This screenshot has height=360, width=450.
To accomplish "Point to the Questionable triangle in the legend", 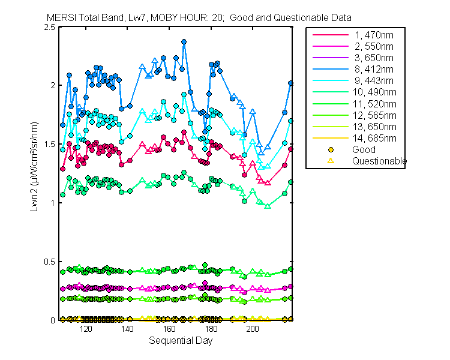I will [x=330, y=161].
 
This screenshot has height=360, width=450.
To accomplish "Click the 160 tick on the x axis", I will [x=169, y=329].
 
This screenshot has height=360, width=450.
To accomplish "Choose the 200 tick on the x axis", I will [x=253, y=329].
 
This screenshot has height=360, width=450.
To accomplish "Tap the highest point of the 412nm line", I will [x=184, y=42].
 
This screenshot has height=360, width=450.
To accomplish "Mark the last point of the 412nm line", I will [x=291, y=83].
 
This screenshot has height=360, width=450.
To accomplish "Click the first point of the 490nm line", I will [x=62, y=194].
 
